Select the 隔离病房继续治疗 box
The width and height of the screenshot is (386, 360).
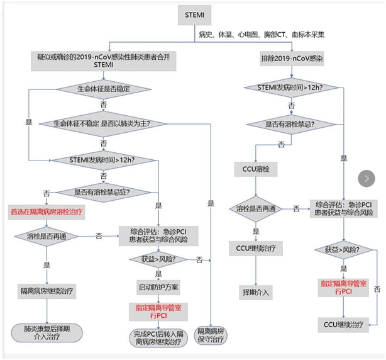47,291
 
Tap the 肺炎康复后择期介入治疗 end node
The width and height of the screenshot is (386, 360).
47,331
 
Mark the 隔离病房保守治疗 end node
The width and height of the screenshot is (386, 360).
210,335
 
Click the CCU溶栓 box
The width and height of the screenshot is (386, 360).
255,169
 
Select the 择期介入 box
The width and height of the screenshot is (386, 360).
255,293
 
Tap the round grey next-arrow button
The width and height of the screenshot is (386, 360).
367,178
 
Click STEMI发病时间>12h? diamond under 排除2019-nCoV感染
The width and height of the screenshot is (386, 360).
290,87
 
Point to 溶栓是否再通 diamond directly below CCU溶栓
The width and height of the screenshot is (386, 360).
255,208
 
